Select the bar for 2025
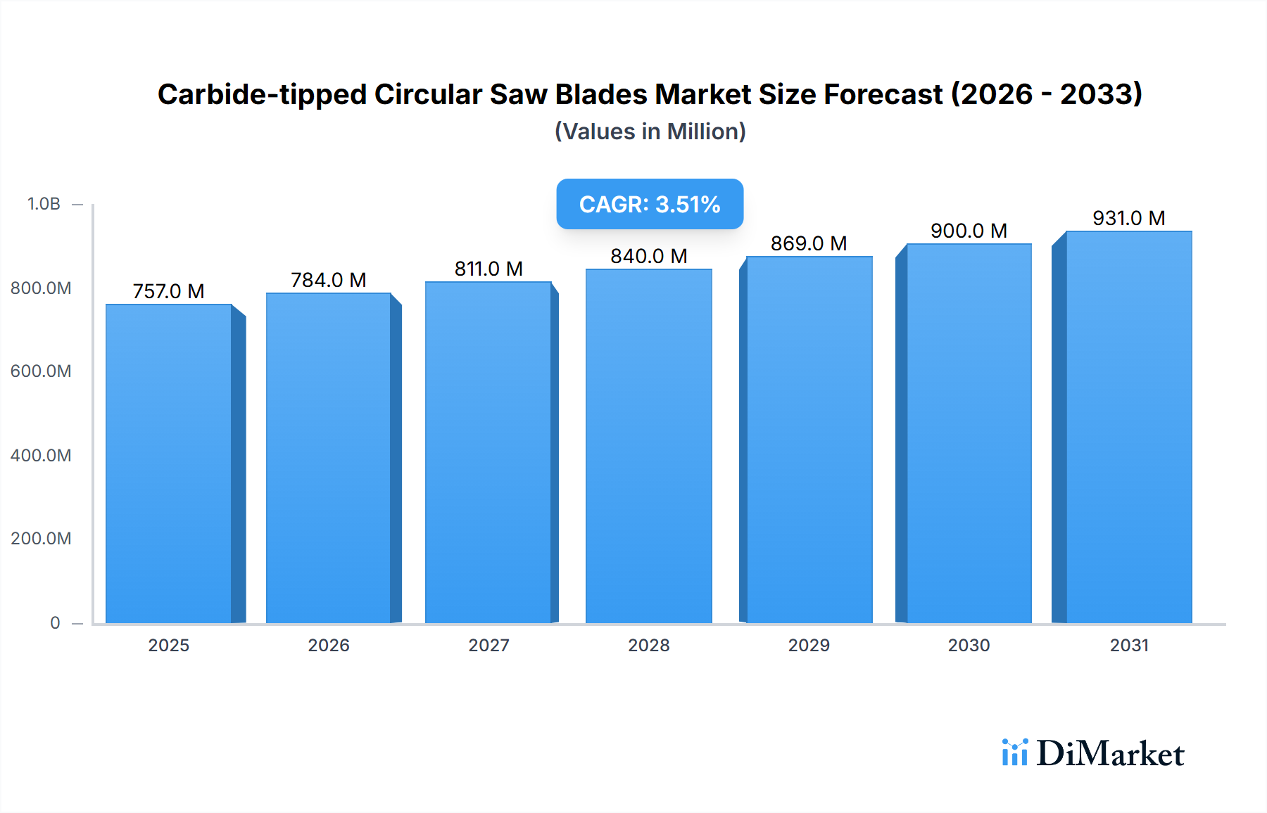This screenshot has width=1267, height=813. (169, 464)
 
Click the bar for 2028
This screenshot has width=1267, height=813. (648, 447)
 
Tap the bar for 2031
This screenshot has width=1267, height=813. (1128, 428)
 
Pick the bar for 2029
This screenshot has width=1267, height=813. (809, 440)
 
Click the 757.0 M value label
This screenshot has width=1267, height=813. (169, 291)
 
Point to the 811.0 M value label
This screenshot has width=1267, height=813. (488, 269)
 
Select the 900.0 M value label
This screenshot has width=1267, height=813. (969, 231)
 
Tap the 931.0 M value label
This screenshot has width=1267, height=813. (1128, 218)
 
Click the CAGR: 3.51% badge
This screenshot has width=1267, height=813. (650, 204)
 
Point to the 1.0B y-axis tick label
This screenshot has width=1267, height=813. (44, 204)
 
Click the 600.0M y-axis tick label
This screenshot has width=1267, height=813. (41, 371)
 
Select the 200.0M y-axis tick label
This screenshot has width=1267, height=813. (41, 539)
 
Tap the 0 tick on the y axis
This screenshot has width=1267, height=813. (55, 622)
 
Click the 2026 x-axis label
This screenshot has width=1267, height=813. (329, 645)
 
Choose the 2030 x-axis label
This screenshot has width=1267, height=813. (969, 645)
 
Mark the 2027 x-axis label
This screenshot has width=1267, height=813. (488, 645)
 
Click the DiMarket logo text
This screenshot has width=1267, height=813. (1110, 754)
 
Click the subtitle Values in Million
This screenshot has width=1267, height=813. (650, 132)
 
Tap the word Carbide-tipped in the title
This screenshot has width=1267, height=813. (262, 95)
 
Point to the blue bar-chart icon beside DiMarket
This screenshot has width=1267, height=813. (1014, 753)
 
